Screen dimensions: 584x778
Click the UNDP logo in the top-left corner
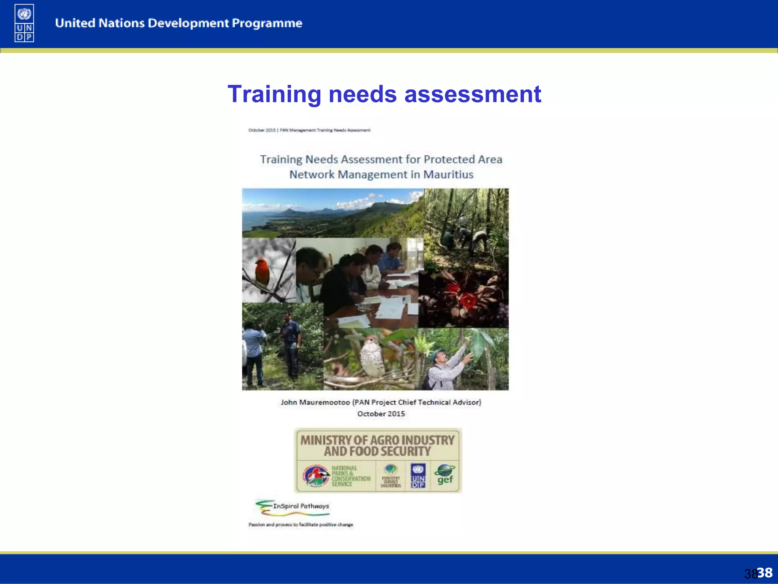(24, 23)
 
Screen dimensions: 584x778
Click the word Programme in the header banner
(267, 24)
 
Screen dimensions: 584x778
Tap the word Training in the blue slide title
(274, 94)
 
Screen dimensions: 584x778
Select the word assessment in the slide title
(473, 94)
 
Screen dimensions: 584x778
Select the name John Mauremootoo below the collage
(315, 402)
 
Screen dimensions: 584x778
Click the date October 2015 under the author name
(381, 414)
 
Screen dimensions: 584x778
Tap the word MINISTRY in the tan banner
(326, 440)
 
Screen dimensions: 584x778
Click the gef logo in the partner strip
(445, 475)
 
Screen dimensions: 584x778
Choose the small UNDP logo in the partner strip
(418, 475)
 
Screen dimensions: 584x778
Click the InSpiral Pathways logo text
(301, 506)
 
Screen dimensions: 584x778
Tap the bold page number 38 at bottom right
(765, 573)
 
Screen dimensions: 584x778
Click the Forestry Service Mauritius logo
(391, 476)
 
